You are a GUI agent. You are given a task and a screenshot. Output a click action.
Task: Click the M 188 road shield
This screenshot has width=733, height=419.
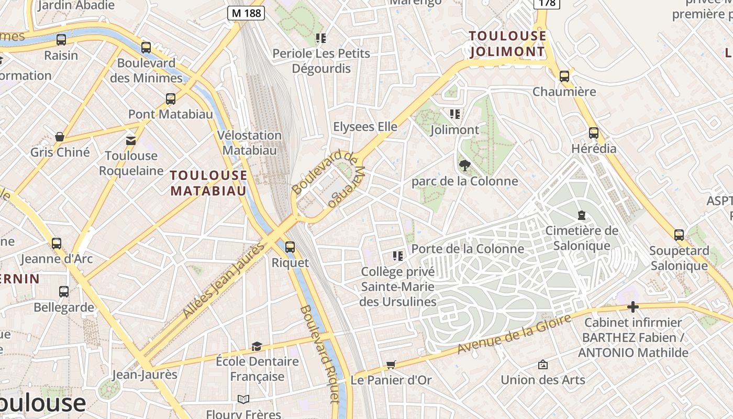point(246,13)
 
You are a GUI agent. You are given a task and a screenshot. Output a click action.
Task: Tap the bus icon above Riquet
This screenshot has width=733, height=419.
point(290,247)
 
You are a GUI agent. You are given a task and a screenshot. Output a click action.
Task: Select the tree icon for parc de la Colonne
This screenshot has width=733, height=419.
point(464,166)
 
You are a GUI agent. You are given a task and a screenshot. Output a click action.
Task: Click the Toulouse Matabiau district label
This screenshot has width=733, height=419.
point(208,183)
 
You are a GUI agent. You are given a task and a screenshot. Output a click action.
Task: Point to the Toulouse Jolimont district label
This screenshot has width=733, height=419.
point(507,44)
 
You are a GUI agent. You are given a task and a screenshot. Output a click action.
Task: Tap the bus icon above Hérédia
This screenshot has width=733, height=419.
point(593,133)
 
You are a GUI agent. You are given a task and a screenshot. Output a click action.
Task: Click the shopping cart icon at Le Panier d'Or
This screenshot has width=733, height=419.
point(391,365)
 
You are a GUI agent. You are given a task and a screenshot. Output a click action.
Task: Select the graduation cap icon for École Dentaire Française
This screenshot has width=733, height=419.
point(257,346)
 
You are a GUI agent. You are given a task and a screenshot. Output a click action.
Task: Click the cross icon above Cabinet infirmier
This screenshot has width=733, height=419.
point(633,307)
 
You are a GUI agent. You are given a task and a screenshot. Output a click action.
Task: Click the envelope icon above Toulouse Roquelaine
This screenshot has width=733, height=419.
point(130,140)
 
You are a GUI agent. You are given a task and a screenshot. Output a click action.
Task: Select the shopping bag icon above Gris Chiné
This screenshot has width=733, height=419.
point(60,137)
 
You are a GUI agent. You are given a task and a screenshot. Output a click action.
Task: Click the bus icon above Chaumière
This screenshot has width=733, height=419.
point(564,76)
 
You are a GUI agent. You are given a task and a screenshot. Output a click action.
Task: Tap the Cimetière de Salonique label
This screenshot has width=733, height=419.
point(582,238)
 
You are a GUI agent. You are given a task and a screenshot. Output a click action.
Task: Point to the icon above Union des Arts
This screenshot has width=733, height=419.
point(543,365)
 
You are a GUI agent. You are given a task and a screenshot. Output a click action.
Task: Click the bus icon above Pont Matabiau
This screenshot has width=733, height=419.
point(170,99)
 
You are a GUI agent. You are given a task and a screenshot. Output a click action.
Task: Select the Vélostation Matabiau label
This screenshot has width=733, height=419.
point(249,142)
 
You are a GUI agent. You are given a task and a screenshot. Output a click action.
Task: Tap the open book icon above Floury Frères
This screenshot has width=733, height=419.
point(243,399)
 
